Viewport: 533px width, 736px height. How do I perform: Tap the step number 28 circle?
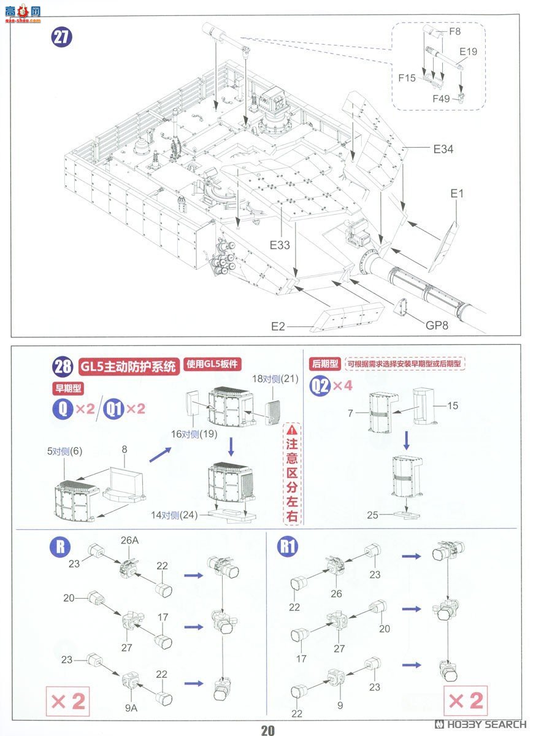(x=63, y=367)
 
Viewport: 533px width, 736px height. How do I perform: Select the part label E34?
(x=443, y=149)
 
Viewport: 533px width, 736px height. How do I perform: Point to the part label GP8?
(x=437, y=325)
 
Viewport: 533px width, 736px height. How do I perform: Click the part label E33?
(x=280, y=244)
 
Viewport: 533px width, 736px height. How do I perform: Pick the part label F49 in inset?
(x=441, y=98)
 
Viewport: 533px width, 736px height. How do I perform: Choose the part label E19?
(x=468, y=52)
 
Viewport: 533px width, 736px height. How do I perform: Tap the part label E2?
(x=278, y=326)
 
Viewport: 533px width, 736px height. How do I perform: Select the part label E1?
(x=457, y=194)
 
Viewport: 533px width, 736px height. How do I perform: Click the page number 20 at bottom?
(x=267, y=730)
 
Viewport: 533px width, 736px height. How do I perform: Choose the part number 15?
(x=453, y=406)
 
